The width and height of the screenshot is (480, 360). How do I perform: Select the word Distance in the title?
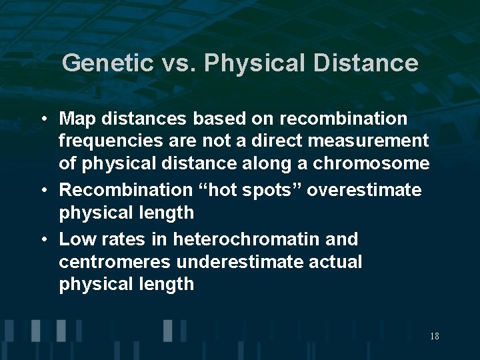[x=366, y=63]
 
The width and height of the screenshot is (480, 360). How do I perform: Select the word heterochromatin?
[x=247, y=238]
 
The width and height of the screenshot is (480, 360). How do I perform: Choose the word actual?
[x=335, y=261]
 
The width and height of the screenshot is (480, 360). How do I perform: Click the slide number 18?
[x=434, y=337]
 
